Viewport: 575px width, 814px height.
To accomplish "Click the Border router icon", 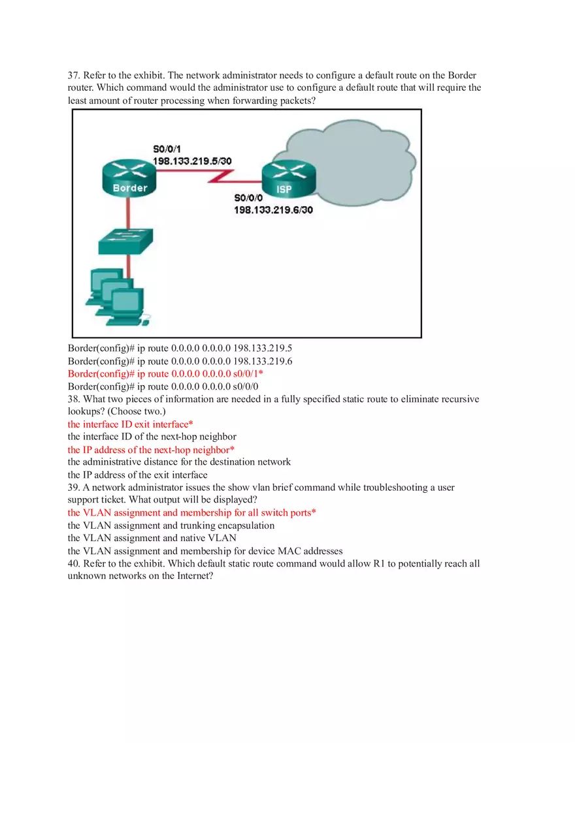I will click(129, 177).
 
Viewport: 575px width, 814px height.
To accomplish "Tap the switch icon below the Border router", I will click(126, 242).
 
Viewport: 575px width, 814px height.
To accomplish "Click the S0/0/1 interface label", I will click(167, 149).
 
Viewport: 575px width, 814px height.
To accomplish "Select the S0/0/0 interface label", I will click(248, 198).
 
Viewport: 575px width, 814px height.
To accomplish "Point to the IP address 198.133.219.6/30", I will click(273, 210).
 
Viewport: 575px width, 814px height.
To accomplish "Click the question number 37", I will click(74, 76).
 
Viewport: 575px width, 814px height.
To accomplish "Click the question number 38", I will click(74, 399).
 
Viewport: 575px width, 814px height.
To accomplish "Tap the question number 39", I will click(74, 488).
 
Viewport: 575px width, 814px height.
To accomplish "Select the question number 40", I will click(74, 563).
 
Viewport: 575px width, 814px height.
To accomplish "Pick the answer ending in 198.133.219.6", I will click(180, 361).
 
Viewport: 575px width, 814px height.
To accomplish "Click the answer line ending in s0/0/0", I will click(163, 386).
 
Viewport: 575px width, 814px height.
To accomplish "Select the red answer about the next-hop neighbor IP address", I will click(151, 450).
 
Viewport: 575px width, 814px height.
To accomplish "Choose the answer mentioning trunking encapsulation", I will click(171, 525).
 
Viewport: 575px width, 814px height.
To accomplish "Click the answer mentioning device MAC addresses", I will click(205, 551).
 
